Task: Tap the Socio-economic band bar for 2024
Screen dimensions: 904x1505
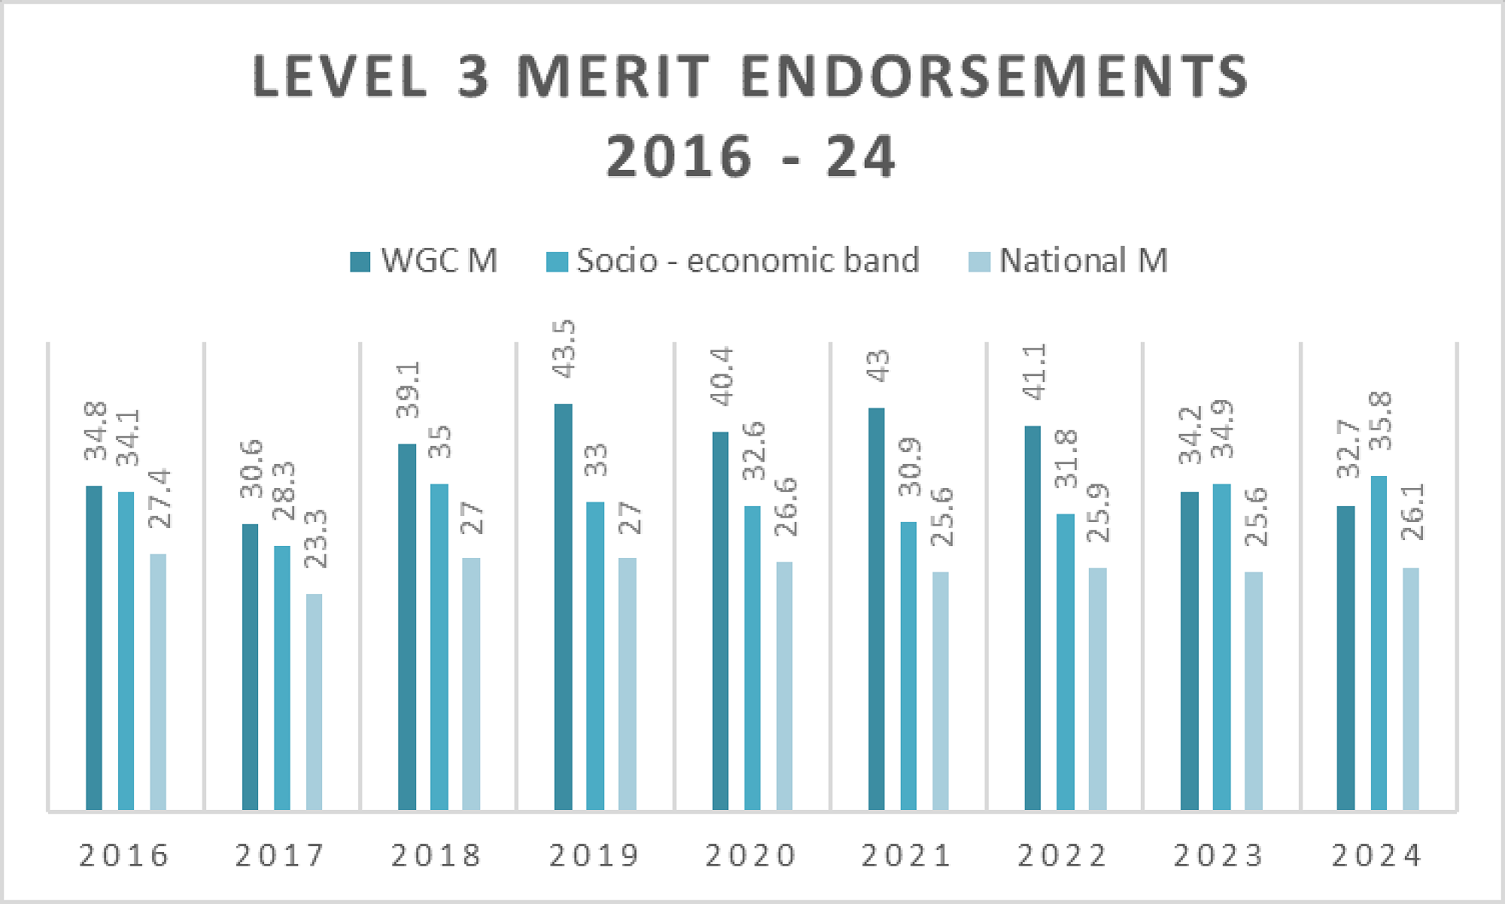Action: tap(1379, 642)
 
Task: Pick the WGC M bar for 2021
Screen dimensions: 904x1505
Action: tap(877, 608)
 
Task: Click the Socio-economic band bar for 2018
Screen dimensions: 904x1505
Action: tap(439, 646)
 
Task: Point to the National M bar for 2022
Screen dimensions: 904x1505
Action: tap(1098, 688)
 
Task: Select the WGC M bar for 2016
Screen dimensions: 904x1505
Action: tap(94, 648)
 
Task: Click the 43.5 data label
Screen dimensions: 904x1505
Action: tap(564, 349)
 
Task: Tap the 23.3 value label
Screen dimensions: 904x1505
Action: tap(316, 538)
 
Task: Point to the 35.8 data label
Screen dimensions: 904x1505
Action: tap(1380, 421)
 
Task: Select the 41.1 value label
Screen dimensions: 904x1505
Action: tap(1035, 372)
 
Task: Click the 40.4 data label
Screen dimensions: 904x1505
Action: tap(722, 377)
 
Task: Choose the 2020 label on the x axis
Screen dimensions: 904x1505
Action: tap(750, 856)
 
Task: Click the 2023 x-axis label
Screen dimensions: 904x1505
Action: tap(1218, 856)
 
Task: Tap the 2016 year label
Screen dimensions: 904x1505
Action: tap(124, 856)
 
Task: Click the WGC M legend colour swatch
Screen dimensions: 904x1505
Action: tap(360, 262)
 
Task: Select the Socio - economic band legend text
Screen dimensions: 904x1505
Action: tap(748, 261)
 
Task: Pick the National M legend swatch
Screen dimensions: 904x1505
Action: tap(979, 262)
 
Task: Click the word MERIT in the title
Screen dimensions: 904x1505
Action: tap(613, 77)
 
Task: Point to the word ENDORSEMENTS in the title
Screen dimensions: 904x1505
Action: tap(995, 77)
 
